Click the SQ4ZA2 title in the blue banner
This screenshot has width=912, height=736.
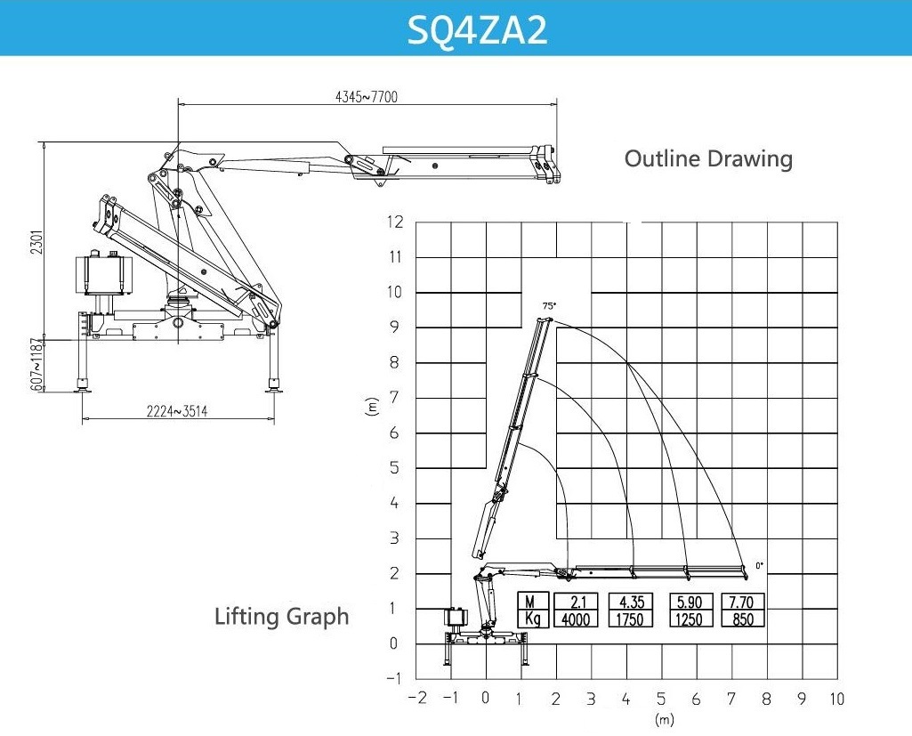point(477,30)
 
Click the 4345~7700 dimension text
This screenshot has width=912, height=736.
point(367,97)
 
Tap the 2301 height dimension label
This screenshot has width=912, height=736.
point(37,241)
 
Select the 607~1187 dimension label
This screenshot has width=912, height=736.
point(37,364)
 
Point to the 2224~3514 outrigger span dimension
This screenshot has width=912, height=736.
point(177,411)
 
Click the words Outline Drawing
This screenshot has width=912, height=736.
point(708,158)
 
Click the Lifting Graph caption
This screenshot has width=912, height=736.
point(281,616)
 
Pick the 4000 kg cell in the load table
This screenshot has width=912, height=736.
point(576,619)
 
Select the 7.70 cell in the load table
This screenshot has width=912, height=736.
point(742,602)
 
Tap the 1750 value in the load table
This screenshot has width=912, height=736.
point(630,619)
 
